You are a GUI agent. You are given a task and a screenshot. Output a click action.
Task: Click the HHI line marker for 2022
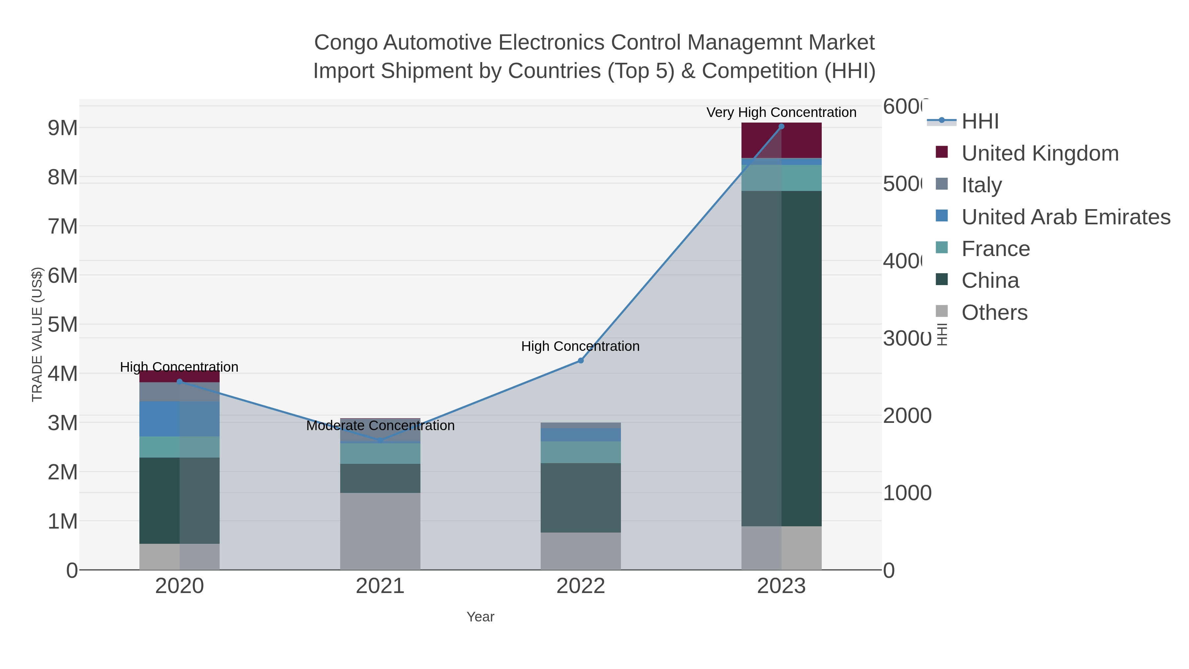pos(581,360)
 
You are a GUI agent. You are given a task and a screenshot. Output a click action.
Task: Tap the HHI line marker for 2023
pos(781,127)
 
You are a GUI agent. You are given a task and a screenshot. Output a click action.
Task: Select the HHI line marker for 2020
pos(180,381)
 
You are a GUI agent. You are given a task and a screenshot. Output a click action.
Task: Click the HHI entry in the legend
pos(980,122)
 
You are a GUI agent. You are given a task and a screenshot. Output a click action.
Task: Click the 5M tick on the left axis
pos(63,324)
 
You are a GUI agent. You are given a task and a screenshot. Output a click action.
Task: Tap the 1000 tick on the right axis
pos(907,493)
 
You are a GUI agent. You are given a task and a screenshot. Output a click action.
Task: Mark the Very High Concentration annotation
pos(781,112)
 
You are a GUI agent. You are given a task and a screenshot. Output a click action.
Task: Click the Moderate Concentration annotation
pos(380,425)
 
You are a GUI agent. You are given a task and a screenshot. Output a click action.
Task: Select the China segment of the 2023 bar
pos(781,358)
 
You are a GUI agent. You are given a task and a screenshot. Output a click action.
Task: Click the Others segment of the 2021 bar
pos(380,531)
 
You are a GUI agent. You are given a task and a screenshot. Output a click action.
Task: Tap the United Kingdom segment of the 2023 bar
pos(781,140)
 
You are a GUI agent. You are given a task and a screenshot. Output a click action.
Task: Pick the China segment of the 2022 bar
pos(581,498)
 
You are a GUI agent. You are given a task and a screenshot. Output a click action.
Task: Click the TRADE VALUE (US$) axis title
pos(37,334)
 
